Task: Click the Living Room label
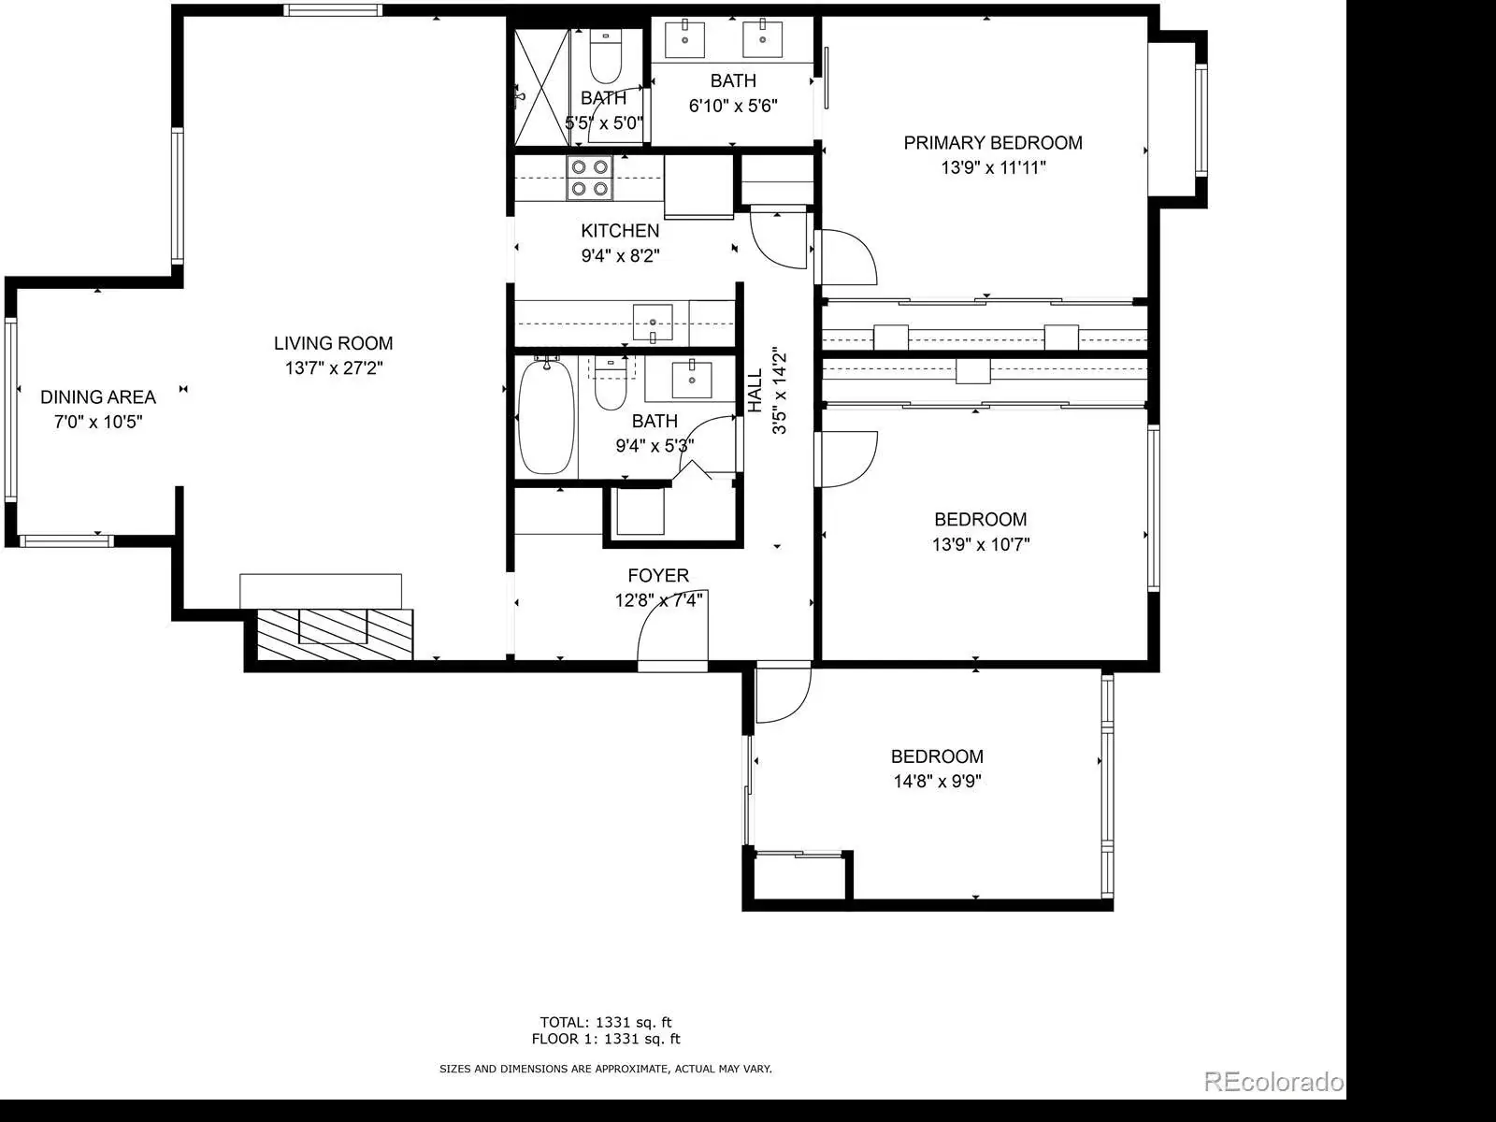click(333, 343)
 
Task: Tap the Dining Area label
click(98, 397)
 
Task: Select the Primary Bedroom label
click(993, 143)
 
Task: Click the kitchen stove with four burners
click(590, 178)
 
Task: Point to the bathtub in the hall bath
click(547, 416)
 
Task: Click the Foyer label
click(658, 576)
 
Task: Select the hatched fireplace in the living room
click(335, 635)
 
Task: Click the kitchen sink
click(653, 322)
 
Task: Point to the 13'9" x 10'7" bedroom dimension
click(981, 544)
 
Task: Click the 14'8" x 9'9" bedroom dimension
click(937, 781)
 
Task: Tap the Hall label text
click(755, 391)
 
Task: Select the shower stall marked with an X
click(541, 87)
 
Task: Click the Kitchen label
click(620, 231)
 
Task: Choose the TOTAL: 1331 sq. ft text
click(606, 1022)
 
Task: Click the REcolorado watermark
click(1273, 1081)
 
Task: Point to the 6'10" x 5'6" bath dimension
click(733, 106)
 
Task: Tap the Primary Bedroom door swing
click(846, 257)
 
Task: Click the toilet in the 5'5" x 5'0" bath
click(605, 56)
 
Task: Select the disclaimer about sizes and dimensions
click(606, 1069)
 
